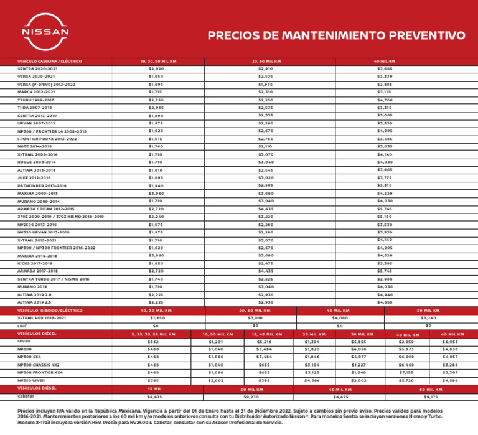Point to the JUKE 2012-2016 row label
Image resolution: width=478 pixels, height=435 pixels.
tap(30, 177)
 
